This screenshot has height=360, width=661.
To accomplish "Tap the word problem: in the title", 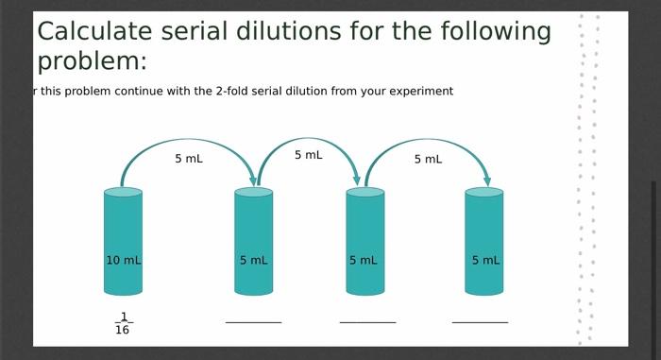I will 92,62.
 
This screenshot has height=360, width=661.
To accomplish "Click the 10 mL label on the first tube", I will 123,260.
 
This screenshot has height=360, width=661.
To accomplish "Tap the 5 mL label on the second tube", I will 253,260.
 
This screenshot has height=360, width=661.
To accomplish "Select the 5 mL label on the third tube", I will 364,260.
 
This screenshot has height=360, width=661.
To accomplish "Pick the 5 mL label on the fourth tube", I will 485,260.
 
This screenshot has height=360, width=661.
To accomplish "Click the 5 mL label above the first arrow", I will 188,159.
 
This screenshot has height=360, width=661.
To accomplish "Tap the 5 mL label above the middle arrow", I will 308,155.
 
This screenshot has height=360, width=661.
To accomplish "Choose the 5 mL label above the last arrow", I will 428,159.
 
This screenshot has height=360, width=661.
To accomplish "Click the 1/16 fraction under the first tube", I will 123,323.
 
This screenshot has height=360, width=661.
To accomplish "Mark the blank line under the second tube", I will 253,322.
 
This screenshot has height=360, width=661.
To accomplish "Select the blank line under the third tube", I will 367,322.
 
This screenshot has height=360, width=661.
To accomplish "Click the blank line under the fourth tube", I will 480,322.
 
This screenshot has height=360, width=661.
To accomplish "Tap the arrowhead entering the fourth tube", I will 486,180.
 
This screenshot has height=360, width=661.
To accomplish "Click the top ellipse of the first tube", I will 123,192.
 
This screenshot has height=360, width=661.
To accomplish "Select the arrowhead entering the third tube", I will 357,180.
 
